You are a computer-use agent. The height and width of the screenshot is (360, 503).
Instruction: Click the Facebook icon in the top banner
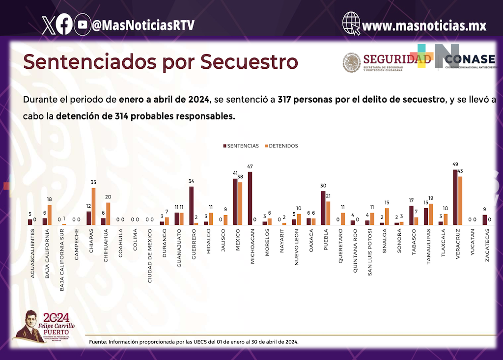(x=64, y=25)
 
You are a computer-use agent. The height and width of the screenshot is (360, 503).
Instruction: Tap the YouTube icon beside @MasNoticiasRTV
(x=83, y=25)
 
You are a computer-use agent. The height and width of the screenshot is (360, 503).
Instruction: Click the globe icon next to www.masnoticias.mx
(x=352, y=24)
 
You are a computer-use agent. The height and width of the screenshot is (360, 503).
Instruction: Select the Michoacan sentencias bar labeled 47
(x=250, y=198)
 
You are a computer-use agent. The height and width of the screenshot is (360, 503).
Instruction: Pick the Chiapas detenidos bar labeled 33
(x=94, y=206)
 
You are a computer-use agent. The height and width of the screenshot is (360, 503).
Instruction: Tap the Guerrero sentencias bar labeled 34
(x=191, y=205)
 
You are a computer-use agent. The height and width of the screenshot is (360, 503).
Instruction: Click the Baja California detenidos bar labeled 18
(x=50, y=215)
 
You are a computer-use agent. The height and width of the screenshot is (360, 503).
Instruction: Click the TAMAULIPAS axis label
(x=429, y=248)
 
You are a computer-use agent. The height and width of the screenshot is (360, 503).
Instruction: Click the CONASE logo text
(x=471, y=59)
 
